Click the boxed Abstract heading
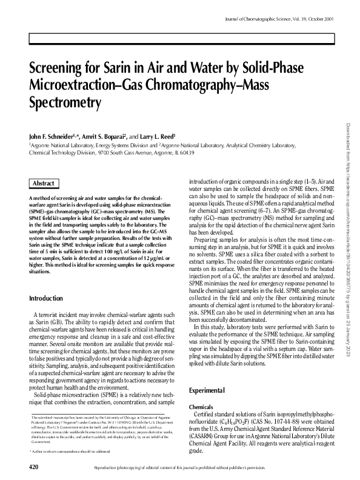coord(44,183)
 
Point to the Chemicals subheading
coord(201,407)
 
